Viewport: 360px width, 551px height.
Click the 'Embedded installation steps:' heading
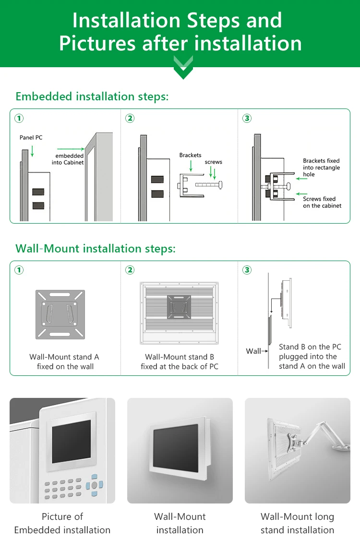(92, 96)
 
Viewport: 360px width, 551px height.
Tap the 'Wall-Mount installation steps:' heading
(96, 249)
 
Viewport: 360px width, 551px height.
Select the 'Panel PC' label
(31, 138)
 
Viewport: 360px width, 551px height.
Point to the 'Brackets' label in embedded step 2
(191, 155)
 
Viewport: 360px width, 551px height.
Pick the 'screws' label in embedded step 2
(213, 162)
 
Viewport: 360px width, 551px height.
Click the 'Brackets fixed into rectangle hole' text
(321, 168)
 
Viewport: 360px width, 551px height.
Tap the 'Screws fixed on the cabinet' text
(322, 202)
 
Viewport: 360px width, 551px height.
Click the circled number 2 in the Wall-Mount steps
(130, 270)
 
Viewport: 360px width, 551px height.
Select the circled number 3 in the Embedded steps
(247, 118)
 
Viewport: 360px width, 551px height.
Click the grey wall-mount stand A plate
(60, 313)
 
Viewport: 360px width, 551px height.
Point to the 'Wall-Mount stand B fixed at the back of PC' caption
(180, 362)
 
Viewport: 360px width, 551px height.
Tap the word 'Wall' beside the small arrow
(253, 351)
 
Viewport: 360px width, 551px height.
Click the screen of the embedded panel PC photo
(71, 441)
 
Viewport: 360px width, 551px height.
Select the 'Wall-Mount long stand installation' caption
(297, 523)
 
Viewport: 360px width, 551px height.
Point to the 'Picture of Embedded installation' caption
(62, 523)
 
